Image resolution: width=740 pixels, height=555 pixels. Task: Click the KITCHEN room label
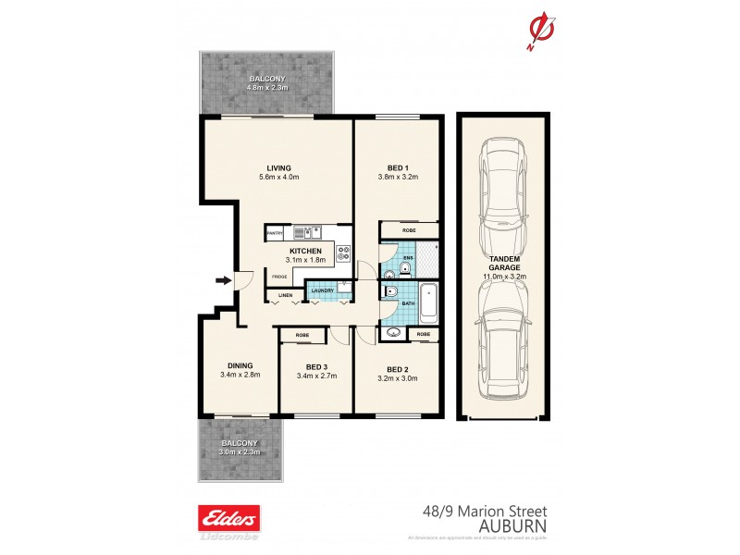(305, 252)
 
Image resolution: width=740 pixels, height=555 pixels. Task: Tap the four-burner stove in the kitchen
(343, 250)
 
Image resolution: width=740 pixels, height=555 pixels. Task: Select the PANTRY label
(274, 234)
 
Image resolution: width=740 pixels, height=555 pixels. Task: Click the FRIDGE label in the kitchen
(277, 276)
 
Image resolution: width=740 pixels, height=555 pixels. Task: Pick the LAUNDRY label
(322, 290)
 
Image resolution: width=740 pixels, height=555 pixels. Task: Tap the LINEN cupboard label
(286, 295)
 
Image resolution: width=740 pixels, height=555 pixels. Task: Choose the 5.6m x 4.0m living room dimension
(278, 177)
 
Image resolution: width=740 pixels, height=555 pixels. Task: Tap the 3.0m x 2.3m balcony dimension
(240, 452)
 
